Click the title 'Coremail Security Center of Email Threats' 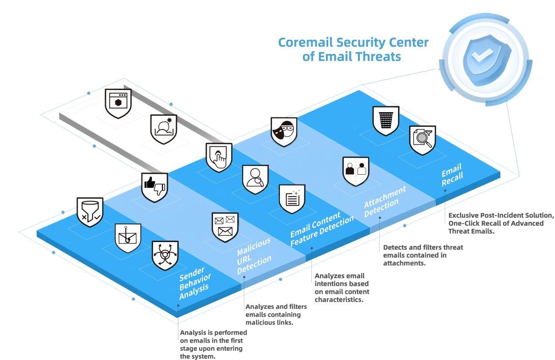(353, 49)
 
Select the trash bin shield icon (386, 120)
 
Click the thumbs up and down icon (154, 187)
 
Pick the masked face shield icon (284, 131)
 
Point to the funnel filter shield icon (90, 211)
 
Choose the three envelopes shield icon (224, 227)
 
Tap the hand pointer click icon (218, 157)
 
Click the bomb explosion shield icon (163, 129)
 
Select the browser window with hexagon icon (118, 102)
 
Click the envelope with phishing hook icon (128, 237)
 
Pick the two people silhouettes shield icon (356, 171)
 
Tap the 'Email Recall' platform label (452, 172)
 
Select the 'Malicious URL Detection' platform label (253, 256)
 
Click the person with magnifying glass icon (255, 179)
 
